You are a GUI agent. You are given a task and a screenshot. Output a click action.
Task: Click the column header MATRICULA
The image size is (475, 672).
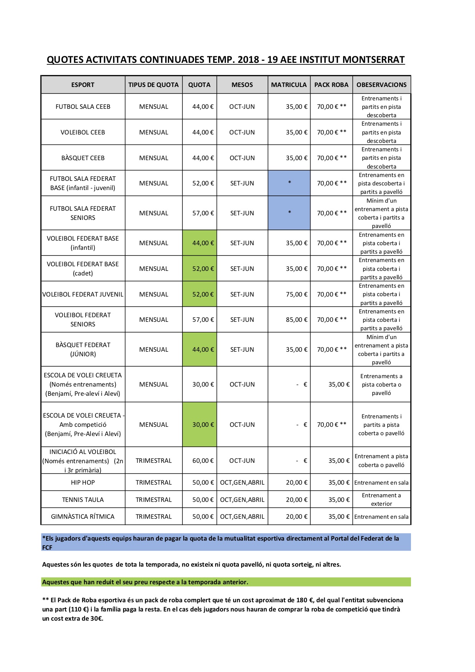(x=289, y=85)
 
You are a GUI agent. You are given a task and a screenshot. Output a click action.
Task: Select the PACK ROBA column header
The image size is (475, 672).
(x=331, y=85)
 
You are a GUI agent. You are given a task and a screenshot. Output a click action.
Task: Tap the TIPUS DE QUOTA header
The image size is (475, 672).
(x=153, y=85)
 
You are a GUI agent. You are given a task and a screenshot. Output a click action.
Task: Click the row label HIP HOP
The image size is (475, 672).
(x=83, y=482)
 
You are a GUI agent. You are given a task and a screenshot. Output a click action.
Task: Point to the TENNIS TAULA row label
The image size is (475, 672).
(x=83, y=500)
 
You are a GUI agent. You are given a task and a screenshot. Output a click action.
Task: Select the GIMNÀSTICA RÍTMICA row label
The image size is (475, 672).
(x=83, y=516)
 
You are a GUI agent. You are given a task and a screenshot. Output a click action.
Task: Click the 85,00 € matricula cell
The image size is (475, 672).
(x=296, y=320)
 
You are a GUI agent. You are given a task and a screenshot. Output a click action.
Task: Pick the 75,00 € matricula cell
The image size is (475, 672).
(x=296, y=294)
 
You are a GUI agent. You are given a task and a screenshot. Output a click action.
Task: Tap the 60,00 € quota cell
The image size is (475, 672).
(x=203, y=461)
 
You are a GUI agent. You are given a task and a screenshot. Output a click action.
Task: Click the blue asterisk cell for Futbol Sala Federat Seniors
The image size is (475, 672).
(x=289, y=213)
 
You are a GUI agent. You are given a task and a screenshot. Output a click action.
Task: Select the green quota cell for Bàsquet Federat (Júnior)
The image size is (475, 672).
(x=200, y=349)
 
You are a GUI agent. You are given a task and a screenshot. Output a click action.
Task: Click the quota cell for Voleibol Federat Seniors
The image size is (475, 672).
(x=203, y=320)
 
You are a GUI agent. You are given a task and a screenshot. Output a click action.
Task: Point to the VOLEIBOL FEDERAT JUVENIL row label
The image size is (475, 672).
(x=83, y=294)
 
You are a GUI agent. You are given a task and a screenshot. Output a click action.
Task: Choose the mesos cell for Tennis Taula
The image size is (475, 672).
(x=242, y=500)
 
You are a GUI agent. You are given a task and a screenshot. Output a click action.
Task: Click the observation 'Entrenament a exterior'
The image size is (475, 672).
(x=381, y=500)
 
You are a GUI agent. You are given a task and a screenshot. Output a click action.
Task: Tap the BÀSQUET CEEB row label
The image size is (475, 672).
(x=83, y=158)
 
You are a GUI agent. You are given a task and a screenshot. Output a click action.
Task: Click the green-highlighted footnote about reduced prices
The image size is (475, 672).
(x=145, y=582)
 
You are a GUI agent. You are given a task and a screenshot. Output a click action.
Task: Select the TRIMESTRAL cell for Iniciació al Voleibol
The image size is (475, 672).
(x=153, y=461)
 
